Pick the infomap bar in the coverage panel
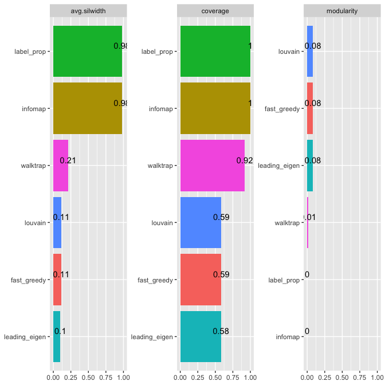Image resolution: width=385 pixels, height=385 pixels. click(x=215, y=108)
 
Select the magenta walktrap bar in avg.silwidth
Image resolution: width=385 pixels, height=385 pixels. click(x=60, y=166)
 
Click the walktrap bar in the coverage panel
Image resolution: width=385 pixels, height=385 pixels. click(x=212, y=166)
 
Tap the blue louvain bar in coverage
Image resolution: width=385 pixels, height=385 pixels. click(x=201, y=222)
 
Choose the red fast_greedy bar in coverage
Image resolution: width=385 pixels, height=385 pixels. click(x=201, y=280)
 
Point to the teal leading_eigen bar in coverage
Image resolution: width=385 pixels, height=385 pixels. click(x=201, y=336)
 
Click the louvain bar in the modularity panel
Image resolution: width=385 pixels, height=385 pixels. click(x=310, y=51)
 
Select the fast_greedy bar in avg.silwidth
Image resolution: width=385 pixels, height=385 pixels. click(x=57, y=280)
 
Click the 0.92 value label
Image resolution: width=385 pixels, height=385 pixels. click(x=245, y=160)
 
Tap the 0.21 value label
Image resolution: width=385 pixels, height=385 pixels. click(x=68, y=160)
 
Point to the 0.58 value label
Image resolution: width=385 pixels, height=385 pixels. click(x=221, y=331)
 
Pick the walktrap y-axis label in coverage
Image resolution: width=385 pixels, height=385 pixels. click(x=159, y=166)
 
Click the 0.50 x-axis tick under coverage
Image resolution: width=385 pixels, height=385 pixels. click(x=215, y=378)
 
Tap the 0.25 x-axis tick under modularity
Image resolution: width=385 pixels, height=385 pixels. click(x=325, y=378)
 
